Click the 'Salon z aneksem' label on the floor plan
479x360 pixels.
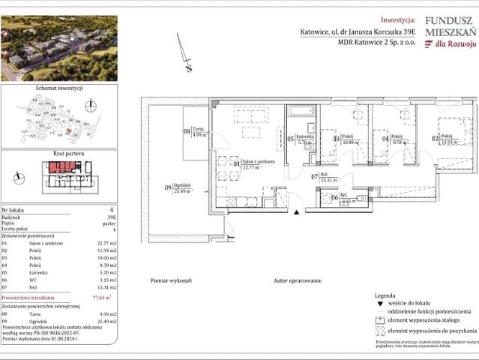tap(258, 161)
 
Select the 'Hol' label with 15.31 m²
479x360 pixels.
tap(324, 175)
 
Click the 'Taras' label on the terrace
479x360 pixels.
tap(199, 130)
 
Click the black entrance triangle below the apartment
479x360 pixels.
tap(298, 213)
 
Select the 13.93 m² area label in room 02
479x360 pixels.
tap(450, 142)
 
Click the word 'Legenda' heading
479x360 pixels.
tap(385, 297)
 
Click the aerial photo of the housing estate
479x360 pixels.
tap(58, 48)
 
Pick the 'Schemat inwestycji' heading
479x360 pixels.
tap(58, 88)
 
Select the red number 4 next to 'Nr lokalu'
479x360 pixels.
tap(111, 210)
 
